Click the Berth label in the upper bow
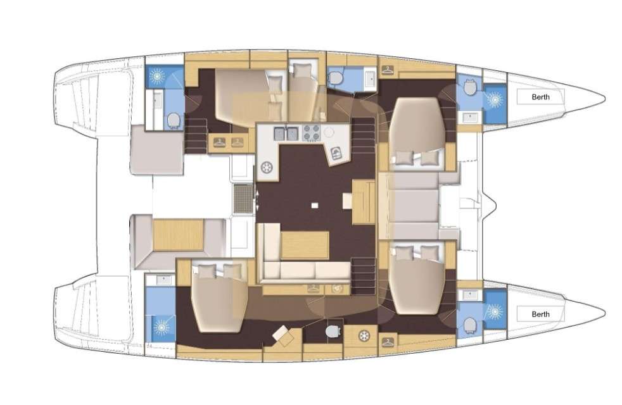(540, 97)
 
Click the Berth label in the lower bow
(540, 315)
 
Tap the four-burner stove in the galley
(312, 133)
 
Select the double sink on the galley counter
(286, 133)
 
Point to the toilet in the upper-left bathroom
(174, 120)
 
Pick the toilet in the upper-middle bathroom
(335, 78)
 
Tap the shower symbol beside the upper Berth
(494, 99)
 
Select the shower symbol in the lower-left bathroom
(161, 327)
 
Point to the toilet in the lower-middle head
(333, 330)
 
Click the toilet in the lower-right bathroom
(470, 324)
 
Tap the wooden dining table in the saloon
(305, 246)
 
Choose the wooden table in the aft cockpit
(178, 235)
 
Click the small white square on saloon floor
(315, 205)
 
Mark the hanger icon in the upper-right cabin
(388, 70)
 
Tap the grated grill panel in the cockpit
(243, 199)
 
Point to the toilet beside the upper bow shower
(470, 87)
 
